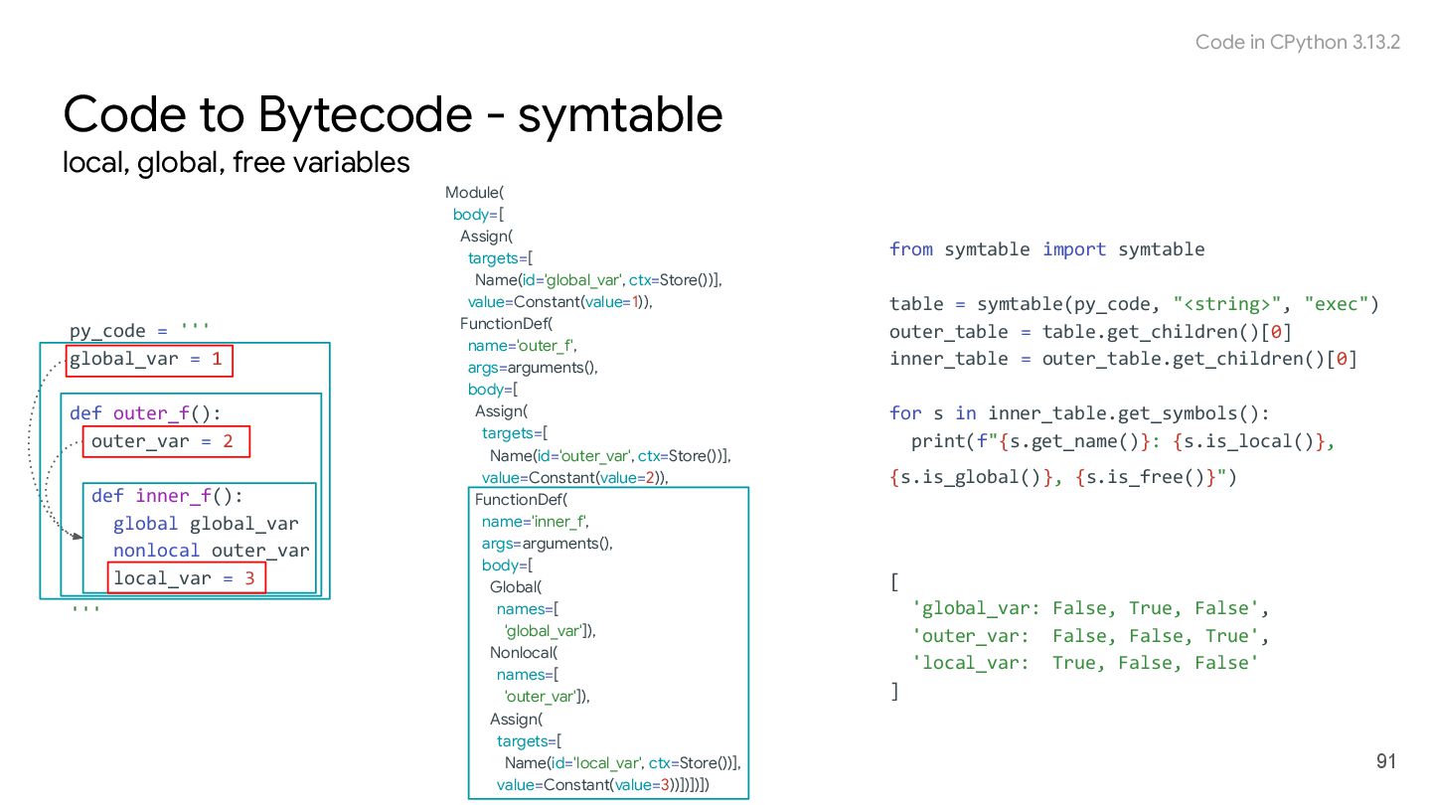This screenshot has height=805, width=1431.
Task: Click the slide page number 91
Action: (1386, 762)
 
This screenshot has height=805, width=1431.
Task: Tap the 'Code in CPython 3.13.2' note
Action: (1297, 42)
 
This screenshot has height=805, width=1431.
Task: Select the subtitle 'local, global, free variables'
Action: (237, 162)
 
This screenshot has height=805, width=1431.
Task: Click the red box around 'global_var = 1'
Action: (149, 359)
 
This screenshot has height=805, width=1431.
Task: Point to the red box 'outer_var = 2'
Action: (165, 440)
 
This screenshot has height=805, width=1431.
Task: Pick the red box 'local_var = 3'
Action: (186, 577)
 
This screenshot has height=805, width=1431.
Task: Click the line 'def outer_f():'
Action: (146, 413)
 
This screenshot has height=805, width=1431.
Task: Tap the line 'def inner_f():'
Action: (167, 495)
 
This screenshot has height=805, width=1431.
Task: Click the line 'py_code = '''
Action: (139, 331)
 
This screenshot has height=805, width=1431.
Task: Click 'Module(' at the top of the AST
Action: (475, 192)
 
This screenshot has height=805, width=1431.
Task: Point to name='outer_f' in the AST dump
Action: (523, 345)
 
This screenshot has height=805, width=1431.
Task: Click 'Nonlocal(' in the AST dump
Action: (524, 653)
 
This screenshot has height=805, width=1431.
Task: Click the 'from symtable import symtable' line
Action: (1046, 249)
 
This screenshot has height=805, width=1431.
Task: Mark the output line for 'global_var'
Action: (1090, 608)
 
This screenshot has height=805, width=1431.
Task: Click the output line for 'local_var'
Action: (1085, 663)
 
